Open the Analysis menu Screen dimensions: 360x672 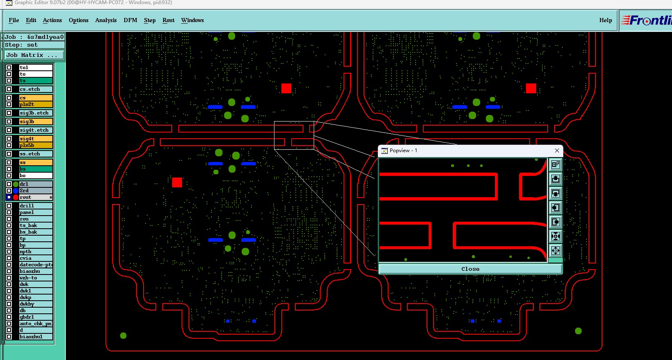coord(106,20)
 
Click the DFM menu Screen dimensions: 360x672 coord(130,20)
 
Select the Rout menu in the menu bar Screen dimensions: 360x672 coord(168,20)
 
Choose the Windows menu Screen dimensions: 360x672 coord(192,20)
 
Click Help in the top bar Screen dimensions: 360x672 coord(605,20)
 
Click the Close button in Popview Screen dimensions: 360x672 coord(470,269)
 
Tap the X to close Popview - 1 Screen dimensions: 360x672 coord(557,151)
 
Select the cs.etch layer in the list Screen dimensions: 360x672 coord(36,89)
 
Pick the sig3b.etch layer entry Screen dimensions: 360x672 coord(36,113)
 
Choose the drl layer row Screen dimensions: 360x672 coord(36,184)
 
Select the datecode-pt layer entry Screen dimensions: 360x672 coord(36,265)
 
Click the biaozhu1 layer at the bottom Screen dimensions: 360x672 coord(36,337)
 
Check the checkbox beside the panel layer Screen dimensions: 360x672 coord(9,212)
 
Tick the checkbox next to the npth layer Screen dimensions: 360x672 coord(9,252)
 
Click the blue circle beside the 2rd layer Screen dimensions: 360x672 coord(16,191)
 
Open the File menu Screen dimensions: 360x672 coord(13,20)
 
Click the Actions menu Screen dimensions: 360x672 coord(52,20)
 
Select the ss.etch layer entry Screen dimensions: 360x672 coord(36,154)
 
